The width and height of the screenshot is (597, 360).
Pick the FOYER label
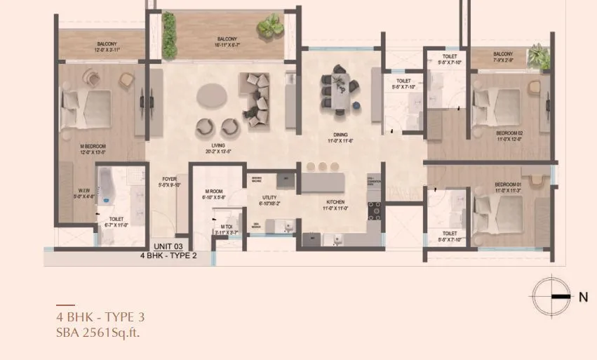tap(169, 179)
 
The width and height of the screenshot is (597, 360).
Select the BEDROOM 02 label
tap(510, 132)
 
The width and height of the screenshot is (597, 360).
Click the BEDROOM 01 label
tap(510, 184)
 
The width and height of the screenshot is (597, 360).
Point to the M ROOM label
tap(214, 192)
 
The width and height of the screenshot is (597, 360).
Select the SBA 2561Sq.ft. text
tap(98, 332)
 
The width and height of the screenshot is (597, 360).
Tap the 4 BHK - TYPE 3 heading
tap(100, 316)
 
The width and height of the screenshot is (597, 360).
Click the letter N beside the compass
tap(583, 297)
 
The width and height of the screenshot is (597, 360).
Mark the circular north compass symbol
tap(549, 297)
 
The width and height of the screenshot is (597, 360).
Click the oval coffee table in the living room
tap(213, 95)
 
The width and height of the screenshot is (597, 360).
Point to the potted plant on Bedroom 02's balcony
tap(539, 56)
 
